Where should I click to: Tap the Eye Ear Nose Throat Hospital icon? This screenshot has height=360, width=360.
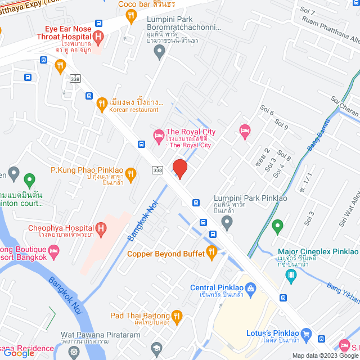click(99, 38)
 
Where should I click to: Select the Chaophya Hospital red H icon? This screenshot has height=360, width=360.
click(101, 229)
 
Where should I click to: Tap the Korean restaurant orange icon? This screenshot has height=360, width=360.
click(101, 103)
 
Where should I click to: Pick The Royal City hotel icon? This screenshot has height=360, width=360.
click(159, 135)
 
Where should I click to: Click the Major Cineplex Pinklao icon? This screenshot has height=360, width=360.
click(291, 275)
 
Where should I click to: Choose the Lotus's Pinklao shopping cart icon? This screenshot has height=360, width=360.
click(307, 334)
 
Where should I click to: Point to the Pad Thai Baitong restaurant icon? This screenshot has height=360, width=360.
click(177, 316)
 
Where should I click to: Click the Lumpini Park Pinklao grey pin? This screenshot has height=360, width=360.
click(227, 223)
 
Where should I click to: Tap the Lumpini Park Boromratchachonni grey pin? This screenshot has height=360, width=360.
click(159, 52)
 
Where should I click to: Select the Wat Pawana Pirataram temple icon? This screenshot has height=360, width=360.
click(74, 353)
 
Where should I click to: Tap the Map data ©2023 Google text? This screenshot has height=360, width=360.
click(325, 355)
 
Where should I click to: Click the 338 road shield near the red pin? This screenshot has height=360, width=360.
click(158, 170)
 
